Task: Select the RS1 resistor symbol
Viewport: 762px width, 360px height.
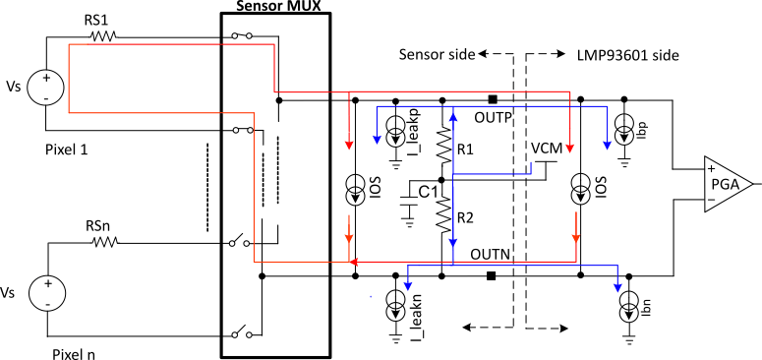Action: point(100,36)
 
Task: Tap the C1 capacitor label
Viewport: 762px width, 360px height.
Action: point(427,192)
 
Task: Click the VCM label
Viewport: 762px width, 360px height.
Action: point(546,148)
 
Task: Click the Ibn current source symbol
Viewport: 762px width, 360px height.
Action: point(629,312)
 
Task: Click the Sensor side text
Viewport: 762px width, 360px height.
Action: point(438,52)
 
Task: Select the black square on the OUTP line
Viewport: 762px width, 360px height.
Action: point(492,99)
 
